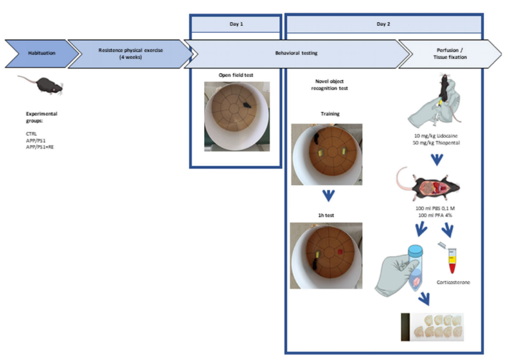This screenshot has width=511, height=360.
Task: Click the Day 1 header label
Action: pos(235,23)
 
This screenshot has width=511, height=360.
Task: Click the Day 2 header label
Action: pos(383,23)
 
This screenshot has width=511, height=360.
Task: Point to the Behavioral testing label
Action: pos(296,54)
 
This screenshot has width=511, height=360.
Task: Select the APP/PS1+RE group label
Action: pos(39,147)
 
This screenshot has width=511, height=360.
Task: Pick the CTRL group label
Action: pos(31,134)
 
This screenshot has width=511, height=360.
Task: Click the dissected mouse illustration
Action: pos(429,184)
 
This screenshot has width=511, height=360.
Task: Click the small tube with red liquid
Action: pos(454,262)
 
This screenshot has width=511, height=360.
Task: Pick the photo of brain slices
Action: pos(432,327)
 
